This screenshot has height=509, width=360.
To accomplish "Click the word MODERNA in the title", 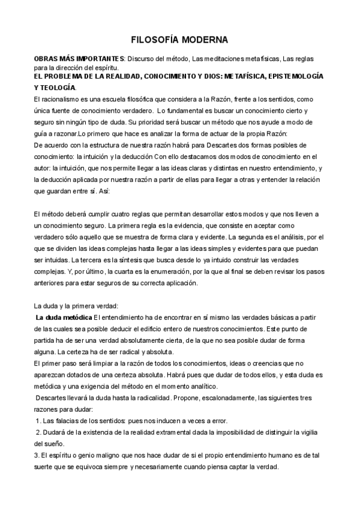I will coord(203,40).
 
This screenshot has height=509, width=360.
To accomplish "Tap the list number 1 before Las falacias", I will coord(38,420).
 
